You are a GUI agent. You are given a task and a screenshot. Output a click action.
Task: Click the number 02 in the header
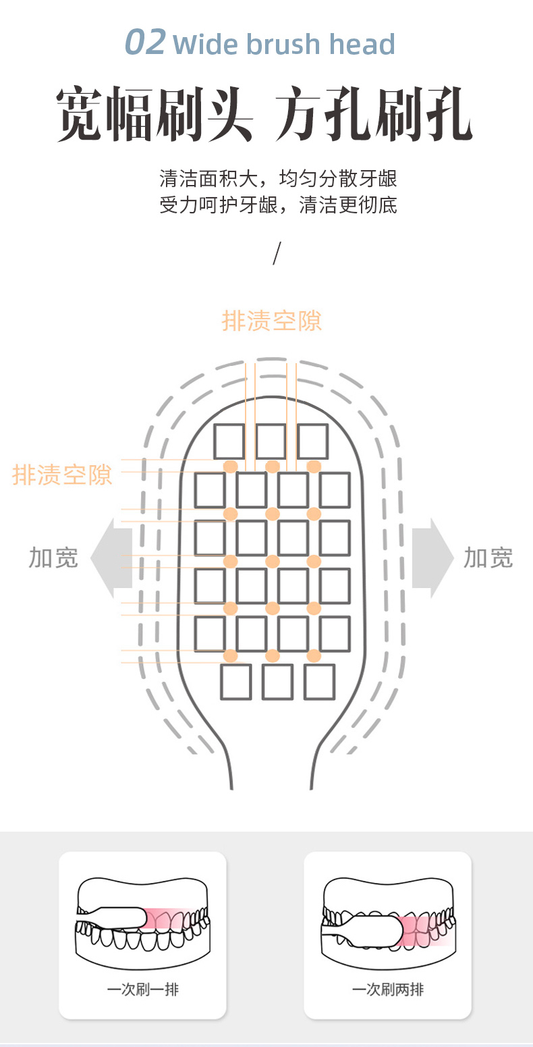(145, 42)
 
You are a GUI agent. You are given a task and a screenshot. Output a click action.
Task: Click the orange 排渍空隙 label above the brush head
(271, 321)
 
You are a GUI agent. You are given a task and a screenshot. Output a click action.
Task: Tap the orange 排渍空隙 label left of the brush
(62, 475)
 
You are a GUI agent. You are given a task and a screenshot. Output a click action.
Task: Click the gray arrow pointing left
(111, 558)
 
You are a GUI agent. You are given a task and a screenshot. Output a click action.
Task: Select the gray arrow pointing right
(432, 558)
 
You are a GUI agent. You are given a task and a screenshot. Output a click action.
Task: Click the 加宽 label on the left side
(53, 558)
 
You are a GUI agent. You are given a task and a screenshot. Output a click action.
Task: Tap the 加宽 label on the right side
(488, 558)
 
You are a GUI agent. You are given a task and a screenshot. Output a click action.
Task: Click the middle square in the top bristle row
(271, 441)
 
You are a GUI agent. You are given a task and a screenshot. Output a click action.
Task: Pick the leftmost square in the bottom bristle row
(236, 682)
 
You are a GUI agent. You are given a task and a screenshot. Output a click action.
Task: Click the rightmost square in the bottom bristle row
(320, 682)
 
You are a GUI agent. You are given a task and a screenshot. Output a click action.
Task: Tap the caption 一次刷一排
(143, 989)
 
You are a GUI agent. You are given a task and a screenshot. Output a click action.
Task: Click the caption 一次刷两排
(388, 989)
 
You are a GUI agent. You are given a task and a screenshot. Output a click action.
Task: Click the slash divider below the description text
(277, 253)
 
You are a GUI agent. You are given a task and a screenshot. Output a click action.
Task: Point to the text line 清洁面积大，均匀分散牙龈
(278, 179)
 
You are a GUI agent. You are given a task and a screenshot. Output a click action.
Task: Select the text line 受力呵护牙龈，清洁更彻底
(278, 205)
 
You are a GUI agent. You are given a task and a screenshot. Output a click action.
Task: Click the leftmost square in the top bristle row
(229, 441)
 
